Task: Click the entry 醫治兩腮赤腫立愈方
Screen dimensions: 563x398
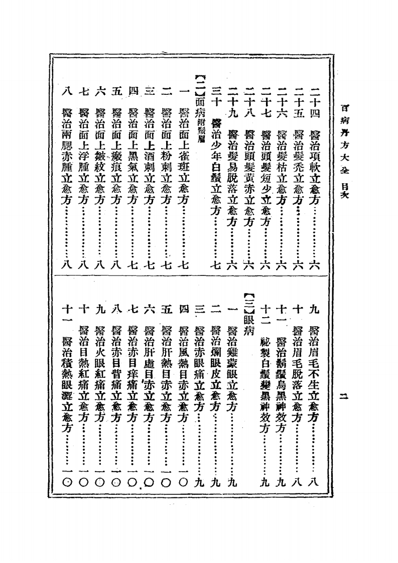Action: (x=68, y=154)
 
